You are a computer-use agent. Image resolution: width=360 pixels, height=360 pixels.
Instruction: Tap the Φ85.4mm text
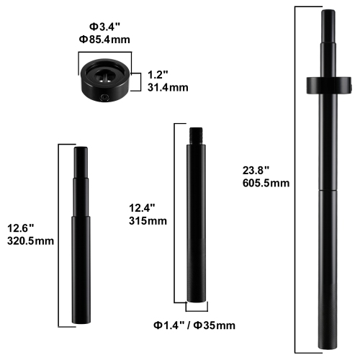[104, 40]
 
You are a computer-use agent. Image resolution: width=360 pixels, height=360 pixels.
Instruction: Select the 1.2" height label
[158, 74]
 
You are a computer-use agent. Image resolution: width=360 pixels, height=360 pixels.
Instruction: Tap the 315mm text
[148, 221]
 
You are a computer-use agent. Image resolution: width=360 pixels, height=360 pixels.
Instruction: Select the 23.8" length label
[256, 170]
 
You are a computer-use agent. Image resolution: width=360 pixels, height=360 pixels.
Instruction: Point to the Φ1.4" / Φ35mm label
[195, 326]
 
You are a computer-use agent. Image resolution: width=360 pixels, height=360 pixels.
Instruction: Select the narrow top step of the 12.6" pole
[81, 160]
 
